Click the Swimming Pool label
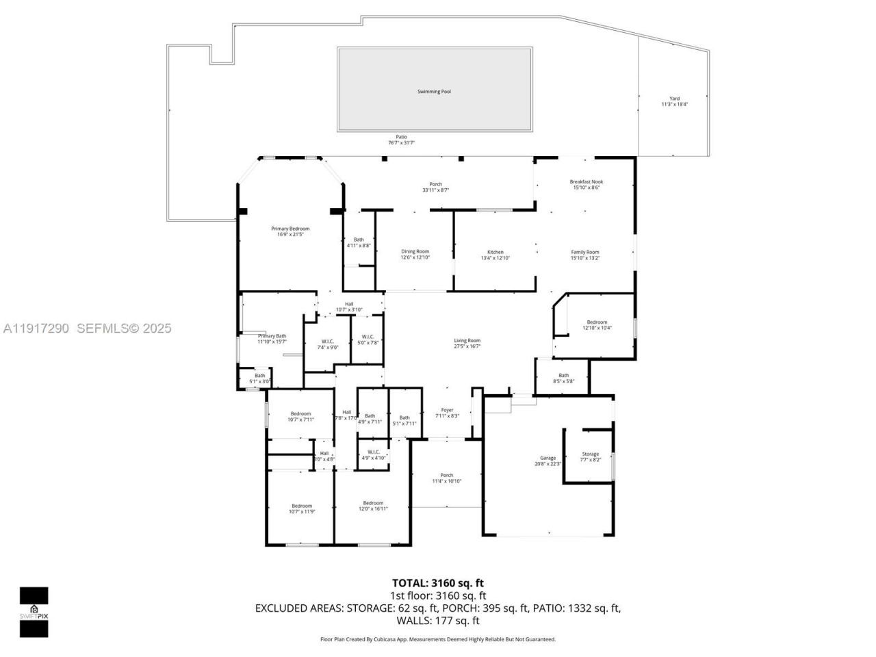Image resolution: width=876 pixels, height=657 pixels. pyautogui.click(x=434, y=92)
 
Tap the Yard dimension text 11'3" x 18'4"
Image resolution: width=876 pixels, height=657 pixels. pyautogui.click(x=674, y=105)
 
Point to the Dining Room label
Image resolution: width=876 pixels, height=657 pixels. pyautogui.click(x=415, y=252)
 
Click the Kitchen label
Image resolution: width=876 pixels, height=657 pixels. pyautogui.click(x=495, y=252)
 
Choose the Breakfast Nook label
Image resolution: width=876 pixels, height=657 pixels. pyautogui.click(x=587, y=182)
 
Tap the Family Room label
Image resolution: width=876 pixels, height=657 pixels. pyautogui.click(x=585, y=252)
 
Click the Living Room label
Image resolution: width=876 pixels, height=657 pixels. pyautogui.click(x=467, y=341)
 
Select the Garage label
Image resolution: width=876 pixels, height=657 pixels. pyautogui.click(x=547, y=458)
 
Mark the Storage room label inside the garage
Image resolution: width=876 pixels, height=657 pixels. pyautogui.click(x=590, y=454)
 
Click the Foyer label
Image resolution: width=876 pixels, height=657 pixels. pyautogui.click(x=447, y=410)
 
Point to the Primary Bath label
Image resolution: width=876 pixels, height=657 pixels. pyautogui.click(x=272, y=336)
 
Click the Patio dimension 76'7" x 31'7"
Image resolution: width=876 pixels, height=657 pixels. pyautogui.click(x=402, y=143)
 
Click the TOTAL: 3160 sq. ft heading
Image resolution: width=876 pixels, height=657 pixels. pyautogui.click(x=438, y=583)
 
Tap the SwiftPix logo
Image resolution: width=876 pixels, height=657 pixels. pyautogui.click(x=34, y=612)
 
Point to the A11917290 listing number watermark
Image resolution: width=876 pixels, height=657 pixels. pyautogui.click(x=36, y=328)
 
